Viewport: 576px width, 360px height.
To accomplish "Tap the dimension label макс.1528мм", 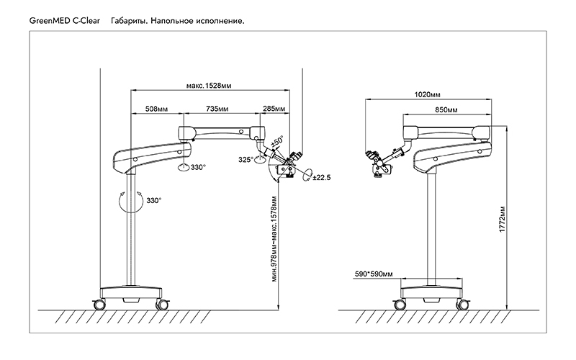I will point(209,86).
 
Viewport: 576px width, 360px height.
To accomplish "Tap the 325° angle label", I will point(246,160).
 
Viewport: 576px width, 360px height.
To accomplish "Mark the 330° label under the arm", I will point(197,168).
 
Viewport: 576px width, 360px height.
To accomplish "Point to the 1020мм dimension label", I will point(428,94).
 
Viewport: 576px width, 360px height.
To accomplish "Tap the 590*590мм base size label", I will point(374,274).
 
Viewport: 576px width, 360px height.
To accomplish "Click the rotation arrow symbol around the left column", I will point(129,200).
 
